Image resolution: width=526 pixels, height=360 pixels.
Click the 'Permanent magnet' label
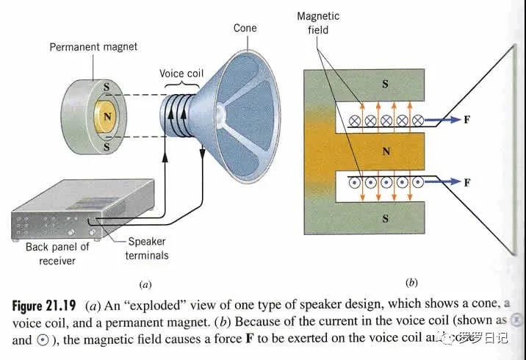click(x=93, y=47)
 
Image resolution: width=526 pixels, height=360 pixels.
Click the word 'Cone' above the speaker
click(x=245, y=28)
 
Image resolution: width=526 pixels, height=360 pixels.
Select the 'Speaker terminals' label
click(x=148, y=248)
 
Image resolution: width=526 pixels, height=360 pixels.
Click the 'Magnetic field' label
click(x=317, y=24)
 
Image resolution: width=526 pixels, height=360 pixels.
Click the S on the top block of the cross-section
click(x=386, y=84)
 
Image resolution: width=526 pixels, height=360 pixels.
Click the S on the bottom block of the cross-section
click(x=386, y=219)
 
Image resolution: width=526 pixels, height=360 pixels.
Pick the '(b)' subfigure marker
click(x=411, y=282)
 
